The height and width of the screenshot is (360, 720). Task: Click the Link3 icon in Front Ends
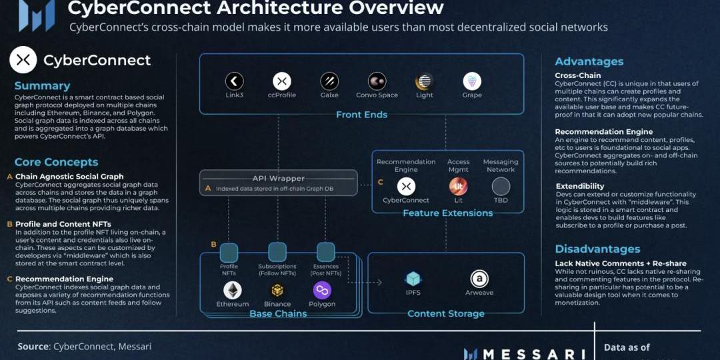coord(234,81)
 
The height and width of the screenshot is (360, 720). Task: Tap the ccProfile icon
coord(282,81)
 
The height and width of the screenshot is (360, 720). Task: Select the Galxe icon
coord(329,81)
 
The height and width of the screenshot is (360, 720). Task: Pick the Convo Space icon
coord(377,81)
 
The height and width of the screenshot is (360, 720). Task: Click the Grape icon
coord(472,81)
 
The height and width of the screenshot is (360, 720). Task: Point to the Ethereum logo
coord(233,290)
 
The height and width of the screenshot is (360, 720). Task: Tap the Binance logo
coord(277,290)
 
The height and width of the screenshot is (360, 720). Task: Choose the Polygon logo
coord(322,290)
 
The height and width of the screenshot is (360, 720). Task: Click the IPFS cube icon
coord(413,279)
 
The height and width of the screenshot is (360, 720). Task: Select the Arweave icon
coord(479,279)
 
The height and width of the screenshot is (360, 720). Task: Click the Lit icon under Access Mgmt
coord(459,186)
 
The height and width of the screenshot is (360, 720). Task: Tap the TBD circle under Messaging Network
coord(501,186)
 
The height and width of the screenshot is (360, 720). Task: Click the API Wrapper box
coord(279,183)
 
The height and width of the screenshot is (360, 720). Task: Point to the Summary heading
coord(42,86)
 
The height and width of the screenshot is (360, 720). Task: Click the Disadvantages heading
coord(597,249)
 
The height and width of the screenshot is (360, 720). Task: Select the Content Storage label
coord(446,313)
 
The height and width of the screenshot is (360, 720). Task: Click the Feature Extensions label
coord(447,213)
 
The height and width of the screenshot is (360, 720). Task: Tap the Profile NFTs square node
coord(229,252)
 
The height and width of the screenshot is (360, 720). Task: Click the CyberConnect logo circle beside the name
coord(23,60)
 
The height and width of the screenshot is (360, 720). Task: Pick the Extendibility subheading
coord(579,187)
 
